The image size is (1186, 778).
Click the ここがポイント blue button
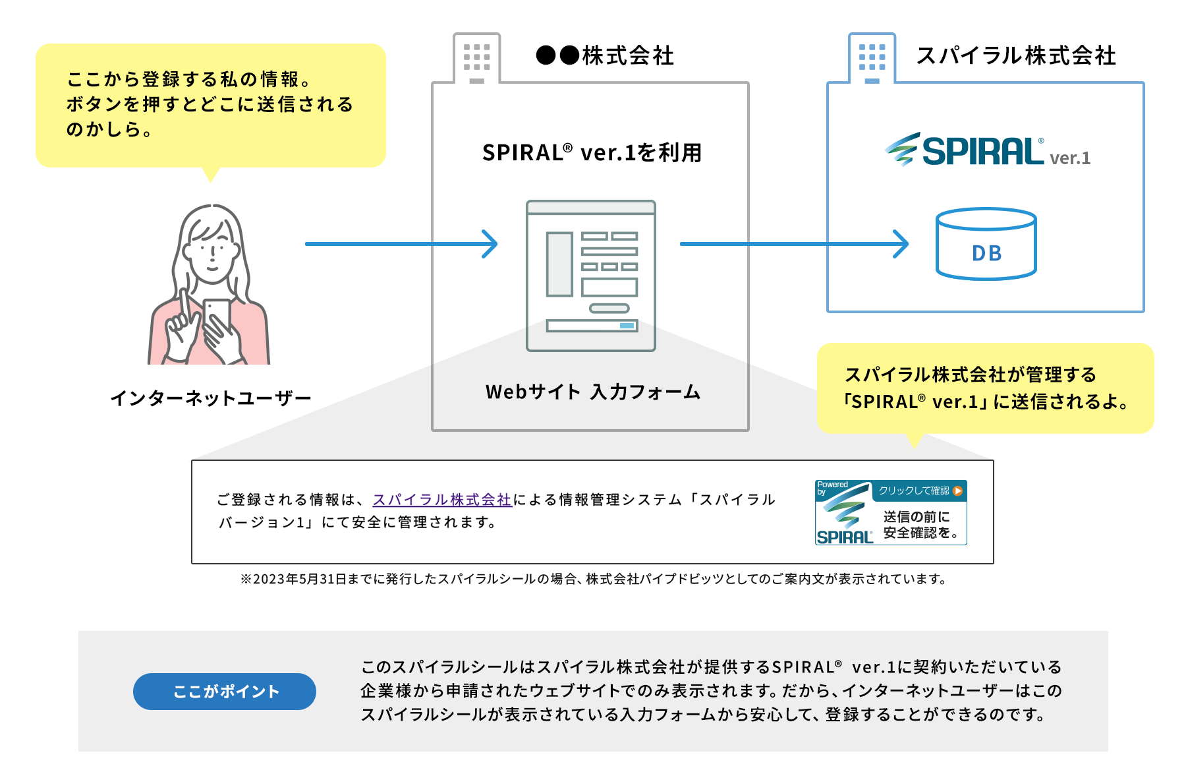(x=225, y=691)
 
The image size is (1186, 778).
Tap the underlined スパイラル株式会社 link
(x=442, y=500)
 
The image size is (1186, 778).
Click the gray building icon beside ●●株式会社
(x=476, y=59)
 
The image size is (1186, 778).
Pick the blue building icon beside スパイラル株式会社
(x=872, y=59)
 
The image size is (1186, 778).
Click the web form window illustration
(x=591, y=276)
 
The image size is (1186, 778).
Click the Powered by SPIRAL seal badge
(x=891, y=513)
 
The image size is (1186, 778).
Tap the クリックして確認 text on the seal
(x=913, y=491)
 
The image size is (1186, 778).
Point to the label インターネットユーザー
(x=211, y=398)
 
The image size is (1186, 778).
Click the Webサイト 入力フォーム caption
(x=592, y=392)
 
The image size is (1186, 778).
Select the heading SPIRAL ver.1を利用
(x=592, y=153)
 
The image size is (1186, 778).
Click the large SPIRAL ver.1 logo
(x=986, y=150)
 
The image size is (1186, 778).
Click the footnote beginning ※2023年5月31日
(x=593, y=579)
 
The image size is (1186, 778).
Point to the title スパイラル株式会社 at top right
(x=1016, y=56)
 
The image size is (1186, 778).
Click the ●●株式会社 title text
(x=605, y=56)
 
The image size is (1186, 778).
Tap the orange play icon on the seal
(x=958, y=491)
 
